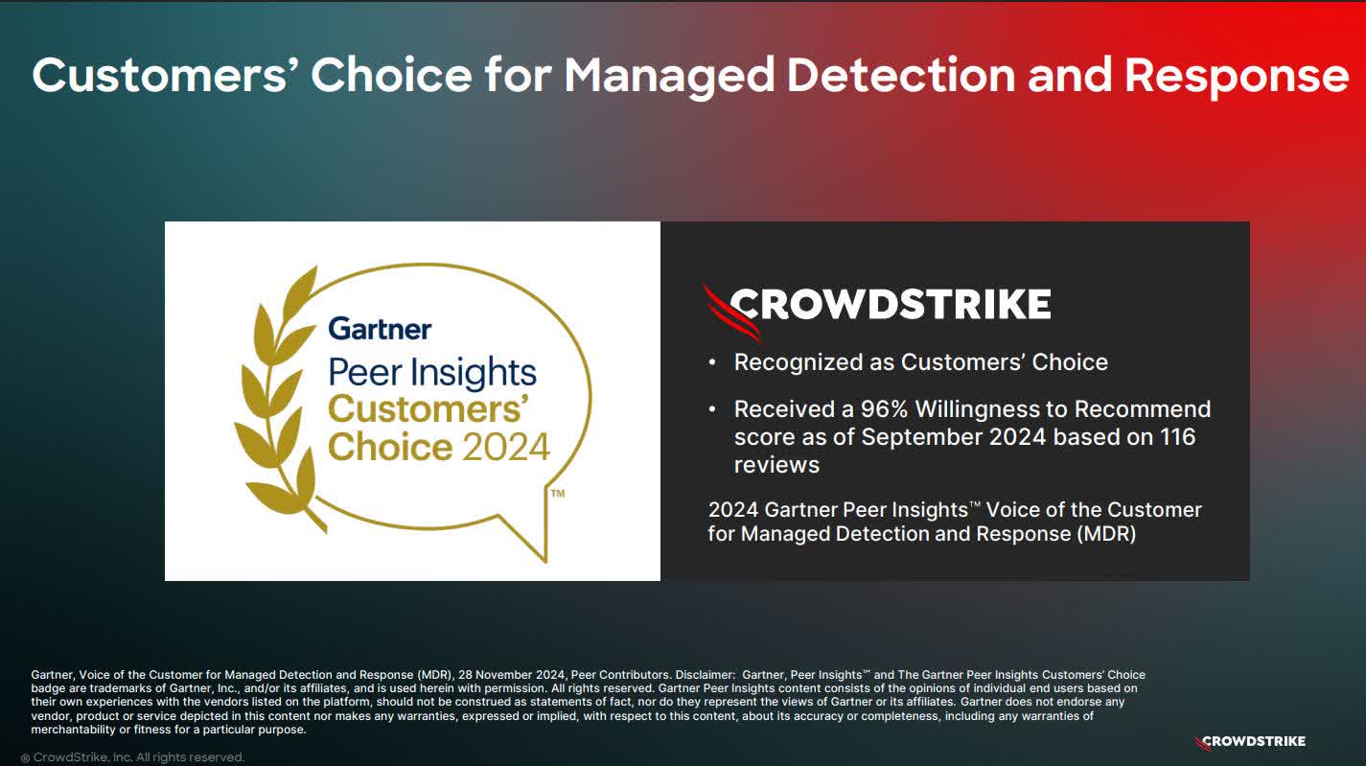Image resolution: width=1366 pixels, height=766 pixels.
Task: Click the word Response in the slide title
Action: coord(1236,76)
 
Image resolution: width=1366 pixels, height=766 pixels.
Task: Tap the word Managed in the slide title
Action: coord(668,75)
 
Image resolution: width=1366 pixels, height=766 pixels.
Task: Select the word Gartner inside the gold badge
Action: coord(380,329)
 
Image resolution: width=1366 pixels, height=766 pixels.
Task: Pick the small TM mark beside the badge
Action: coord(557,493)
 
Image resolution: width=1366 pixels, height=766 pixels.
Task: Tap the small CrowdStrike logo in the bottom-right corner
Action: coord(1250,741)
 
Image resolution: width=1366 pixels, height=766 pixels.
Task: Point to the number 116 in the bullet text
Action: coord(1175,437)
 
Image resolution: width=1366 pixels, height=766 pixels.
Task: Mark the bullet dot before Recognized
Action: coord(711,363)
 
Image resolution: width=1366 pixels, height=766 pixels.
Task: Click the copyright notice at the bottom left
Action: coord(133,757)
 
